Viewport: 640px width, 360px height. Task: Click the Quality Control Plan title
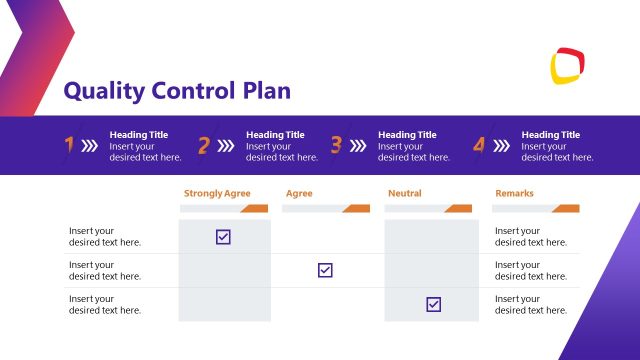coord(177,91)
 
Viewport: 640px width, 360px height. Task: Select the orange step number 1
coord(69,145)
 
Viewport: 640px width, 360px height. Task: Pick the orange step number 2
coord(204,145)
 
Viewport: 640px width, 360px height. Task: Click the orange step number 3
coord(336,145)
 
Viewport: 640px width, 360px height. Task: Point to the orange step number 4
coord(479,145)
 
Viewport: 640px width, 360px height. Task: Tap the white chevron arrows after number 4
coord(501,145)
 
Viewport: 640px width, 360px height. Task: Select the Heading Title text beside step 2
coord(275,135)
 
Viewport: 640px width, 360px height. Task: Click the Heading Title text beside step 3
coord(407,135)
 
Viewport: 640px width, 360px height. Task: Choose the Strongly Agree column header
coord(217,193)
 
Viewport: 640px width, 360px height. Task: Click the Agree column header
coord(299,193)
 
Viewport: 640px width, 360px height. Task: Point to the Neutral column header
coord(404,193)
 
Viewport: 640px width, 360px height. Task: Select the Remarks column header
coord(514,193)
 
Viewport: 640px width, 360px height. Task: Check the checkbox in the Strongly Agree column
coord(223,237)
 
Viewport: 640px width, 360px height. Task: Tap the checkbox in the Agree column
coord(325,270)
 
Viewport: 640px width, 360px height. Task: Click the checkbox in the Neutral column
coord(433,304)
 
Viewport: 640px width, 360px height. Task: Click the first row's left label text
coord(105,237)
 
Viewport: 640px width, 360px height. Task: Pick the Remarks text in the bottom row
coord(531,304)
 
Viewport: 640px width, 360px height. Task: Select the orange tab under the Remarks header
coord(565,209)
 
